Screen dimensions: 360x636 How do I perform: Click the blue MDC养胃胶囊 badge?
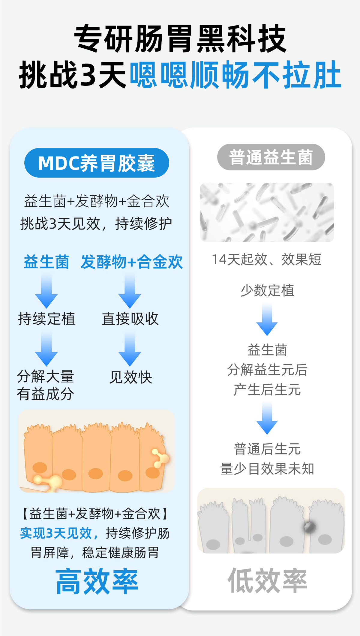click(97, 163)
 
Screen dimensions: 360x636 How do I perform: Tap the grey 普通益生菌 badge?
click(271, 157)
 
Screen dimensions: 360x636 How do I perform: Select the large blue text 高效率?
click(97, 581)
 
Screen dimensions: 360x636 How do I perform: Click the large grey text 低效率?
click(268, 580)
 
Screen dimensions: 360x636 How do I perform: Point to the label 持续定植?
click(46, 319)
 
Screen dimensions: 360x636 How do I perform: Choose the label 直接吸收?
click(130, 319)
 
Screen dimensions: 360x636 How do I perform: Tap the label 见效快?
click(130, 377)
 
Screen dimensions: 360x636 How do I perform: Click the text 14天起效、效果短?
click(266, 259)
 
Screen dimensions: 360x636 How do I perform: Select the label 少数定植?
click(267, 290)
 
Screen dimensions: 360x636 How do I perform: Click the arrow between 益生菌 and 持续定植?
click(46, 291)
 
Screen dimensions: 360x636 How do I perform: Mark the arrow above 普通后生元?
click(267, 418)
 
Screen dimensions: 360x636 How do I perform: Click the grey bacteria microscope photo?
click(267, 212)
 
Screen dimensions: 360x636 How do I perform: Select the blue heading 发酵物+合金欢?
click(132, 262)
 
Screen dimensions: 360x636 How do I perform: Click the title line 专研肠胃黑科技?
click(180, 38)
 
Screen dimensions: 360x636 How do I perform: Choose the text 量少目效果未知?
click(267, 469)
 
